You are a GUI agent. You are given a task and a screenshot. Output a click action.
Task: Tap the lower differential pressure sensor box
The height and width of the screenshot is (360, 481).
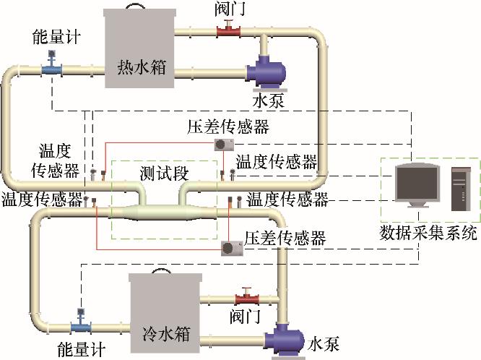point(232,247)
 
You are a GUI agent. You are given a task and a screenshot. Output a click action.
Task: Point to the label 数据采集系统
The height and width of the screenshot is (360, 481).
point(428,233)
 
